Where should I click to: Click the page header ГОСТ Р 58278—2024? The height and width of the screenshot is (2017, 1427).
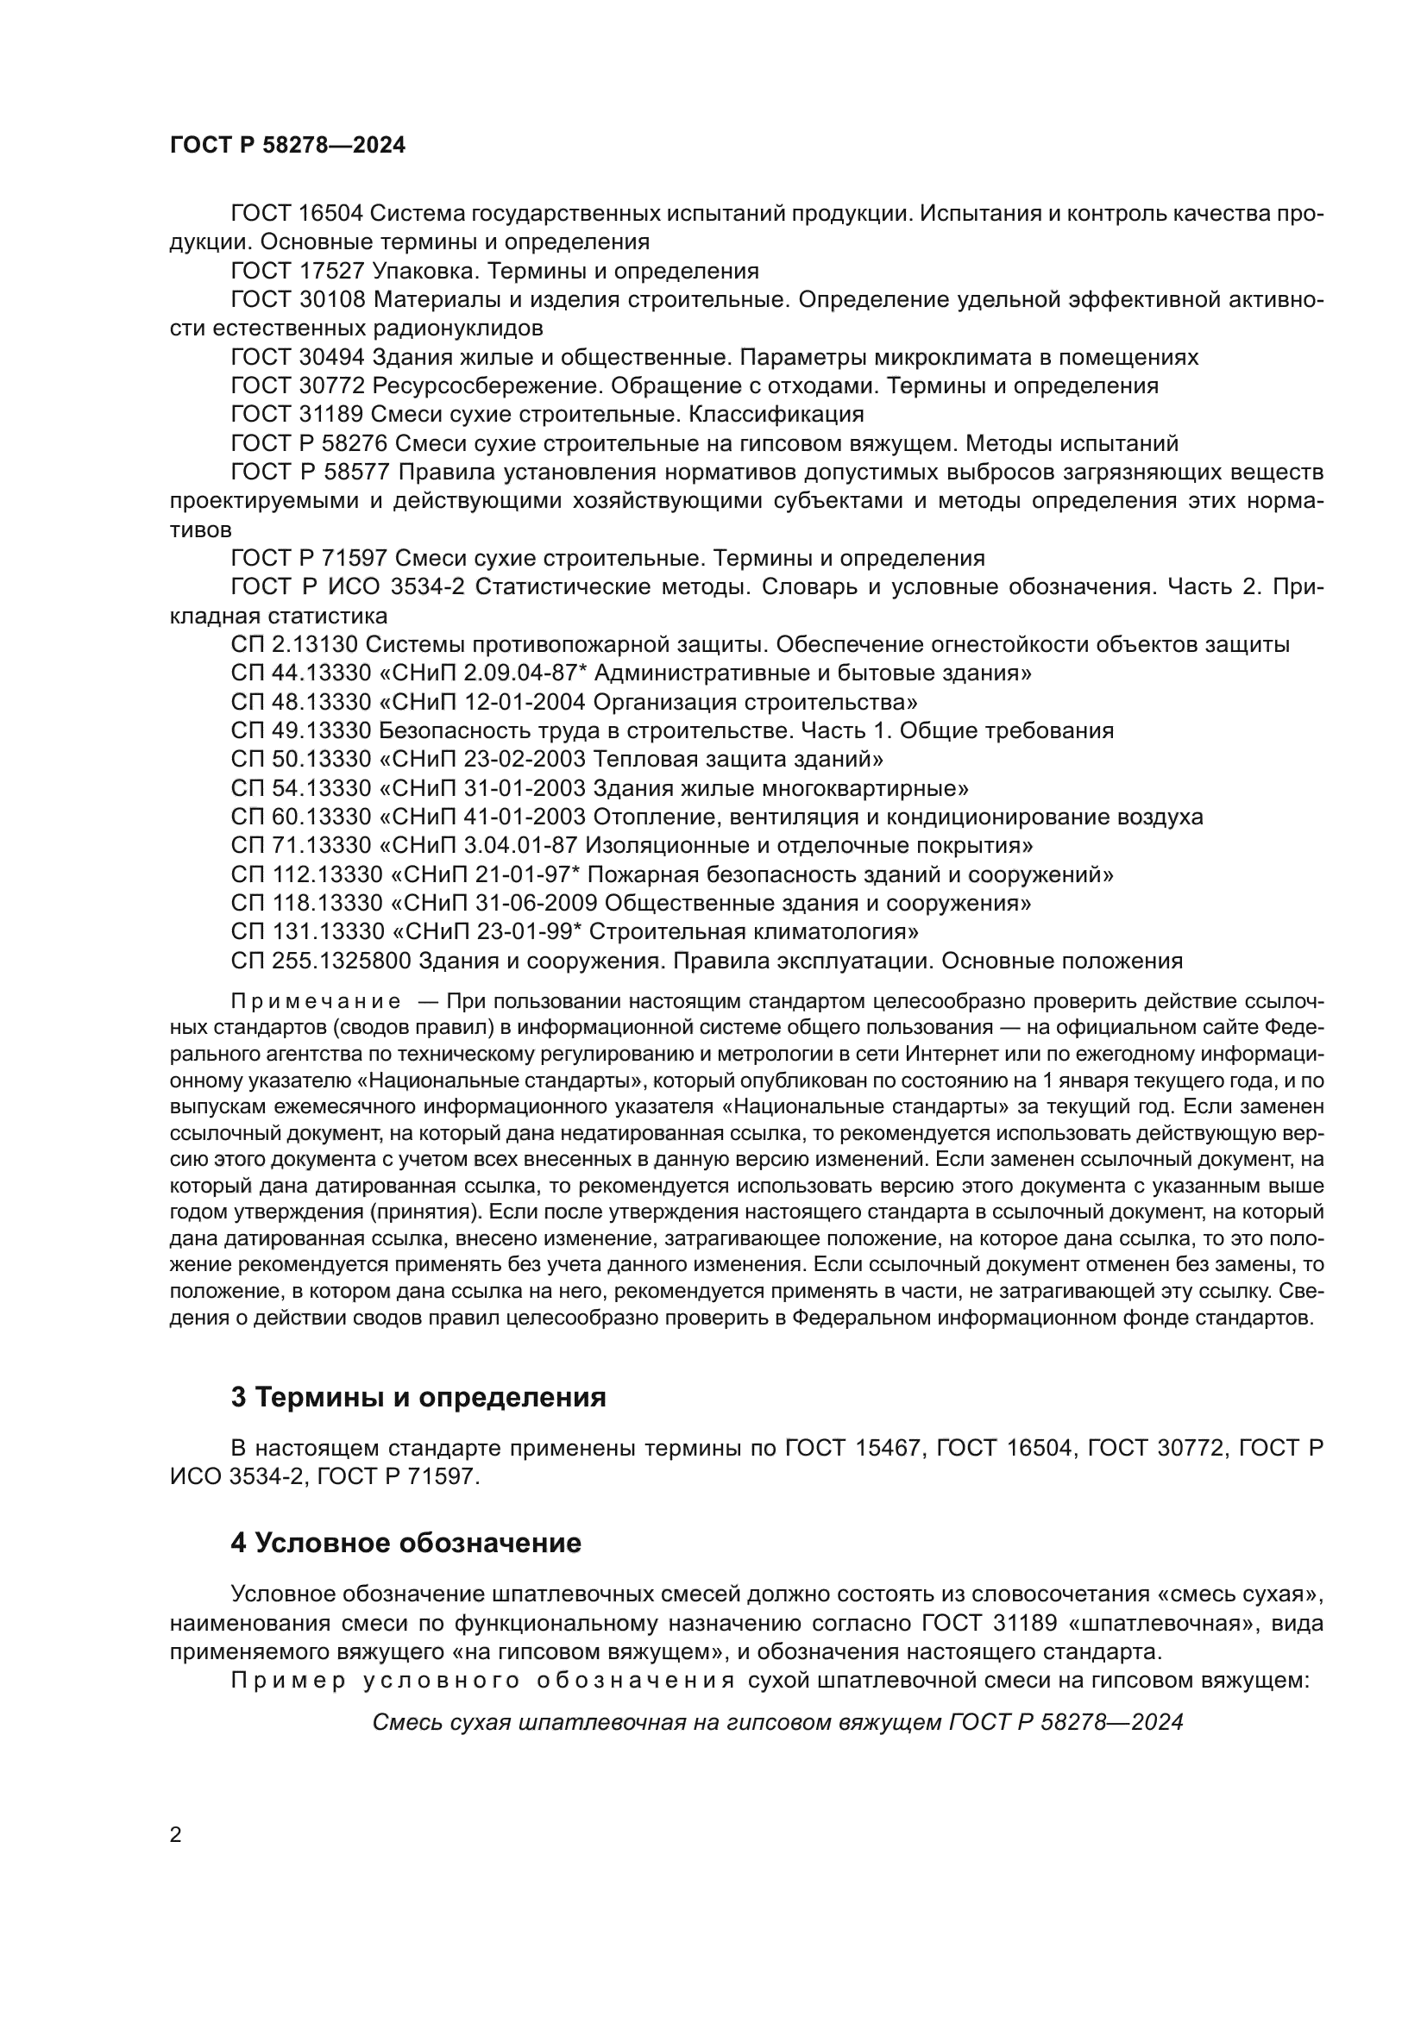pos(287,146)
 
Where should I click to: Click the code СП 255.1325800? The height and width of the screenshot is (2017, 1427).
pos(321,960)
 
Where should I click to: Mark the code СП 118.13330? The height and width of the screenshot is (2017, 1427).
pos(306,902)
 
